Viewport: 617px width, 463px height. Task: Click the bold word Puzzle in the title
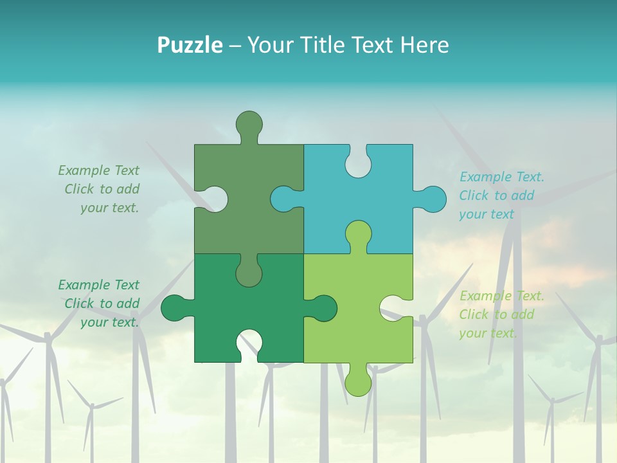coord(190,46)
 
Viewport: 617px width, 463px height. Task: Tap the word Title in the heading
coord(326,46)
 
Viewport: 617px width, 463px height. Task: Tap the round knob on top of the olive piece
coord(249,124)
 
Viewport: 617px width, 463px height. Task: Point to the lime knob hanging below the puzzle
coord(358,382)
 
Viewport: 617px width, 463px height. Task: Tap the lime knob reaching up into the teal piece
coord(358,234)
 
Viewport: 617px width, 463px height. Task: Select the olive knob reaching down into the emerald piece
coord(249,273)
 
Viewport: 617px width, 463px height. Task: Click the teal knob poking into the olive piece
coord(283,199)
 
